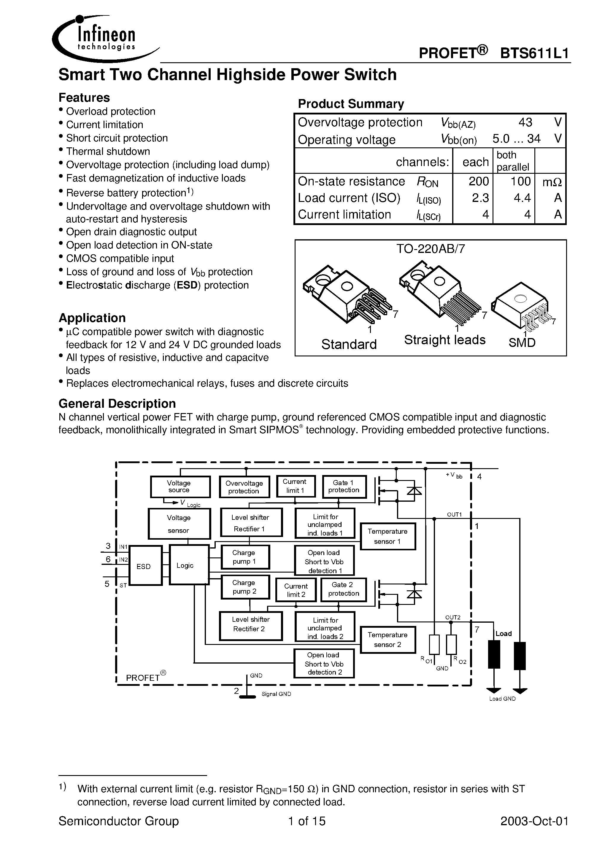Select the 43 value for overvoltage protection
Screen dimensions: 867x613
tap(525, 122)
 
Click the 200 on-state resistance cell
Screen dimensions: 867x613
tap(479, 182)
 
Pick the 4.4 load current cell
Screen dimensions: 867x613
tap(522, 198)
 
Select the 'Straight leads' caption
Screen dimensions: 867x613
tap(444, 340)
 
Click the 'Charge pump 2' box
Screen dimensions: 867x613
tap(245, 587)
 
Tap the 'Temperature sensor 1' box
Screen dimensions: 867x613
tap(388, 536)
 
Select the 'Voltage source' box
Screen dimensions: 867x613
tap(180, 487)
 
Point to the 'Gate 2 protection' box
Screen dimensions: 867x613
tap(343, 589)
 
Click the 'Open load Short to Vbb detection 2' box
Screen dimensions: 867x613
tap(324, 664)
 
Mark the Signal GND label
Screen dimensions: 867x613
tap(276, 694)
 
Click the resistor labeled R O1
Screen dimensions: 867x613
tap(435, 645)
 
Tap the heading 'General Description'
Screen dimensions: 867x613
tap(117, 404)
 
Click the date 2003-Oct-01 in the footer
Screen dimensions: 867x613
tap(534, 821)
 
